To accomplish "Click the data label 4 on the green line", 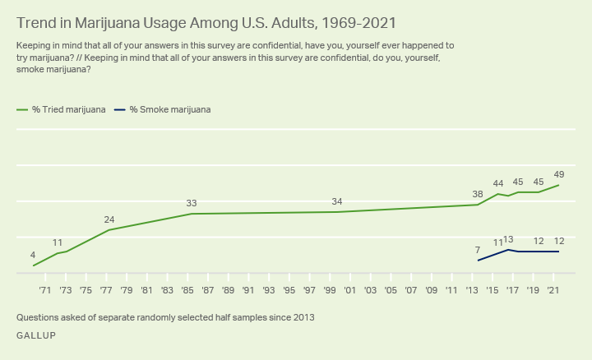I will coord(33,255).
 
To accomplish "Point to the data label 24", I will coord(109,219).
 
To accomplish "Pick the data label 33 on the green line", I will coord(191,203).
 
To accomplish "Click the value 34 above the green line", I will coord(336,201).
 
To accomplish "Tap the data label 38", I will coord(478,194).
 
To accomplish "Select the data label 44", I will coord(497,183).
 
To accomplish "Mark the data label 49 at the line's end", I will coord(559,174).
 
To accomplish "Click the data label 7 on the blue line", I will coord(478,250).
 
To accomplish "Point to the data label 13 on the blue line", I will coord(508,239).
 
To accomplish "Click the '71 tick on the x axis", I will coord(44,290).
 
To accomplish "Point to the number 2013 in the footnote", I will coord(303,316).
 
